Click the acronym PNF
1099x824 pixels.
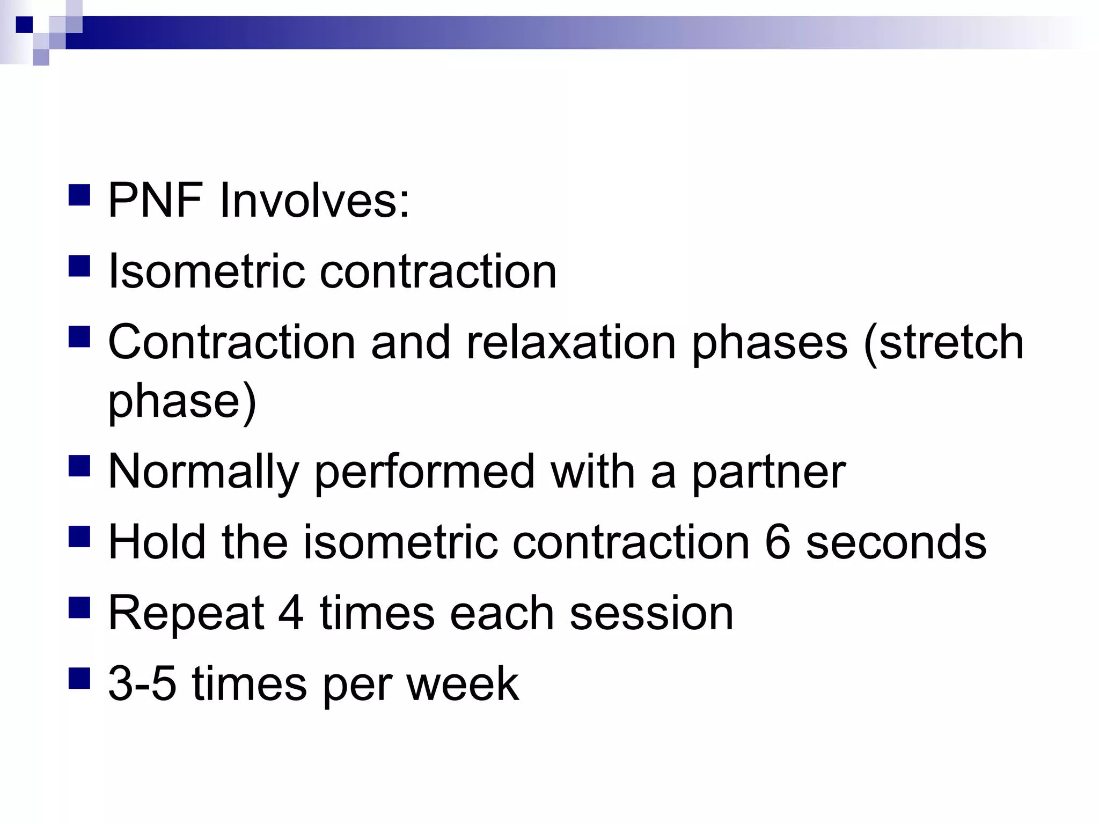point(156,201)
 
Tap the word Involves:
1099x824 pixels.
point(314,201)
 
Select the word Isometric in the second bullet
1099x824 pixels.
point(206,271)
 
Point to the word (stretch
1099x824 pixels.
point(943,343)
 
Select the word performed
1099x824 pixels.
point(424,472)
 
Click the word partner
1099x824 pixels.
point(768,472)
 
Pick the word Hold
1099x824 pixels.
point(157,543)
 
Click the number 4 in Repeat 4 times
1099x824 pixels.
point(291,614)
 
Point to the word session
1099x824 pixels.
point(651,614)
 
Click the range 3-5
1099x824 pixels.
point(142,684)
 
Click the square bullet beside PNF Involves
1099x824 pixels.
point(79,195)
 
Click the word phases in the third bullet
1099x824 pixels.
point(770,343)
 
